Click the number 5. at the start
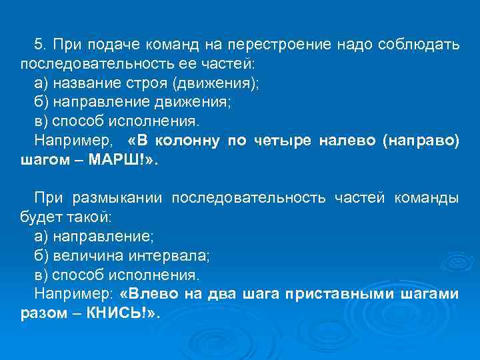pyautogui.click(x=41, y=45)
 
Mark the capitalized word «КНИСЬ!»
pyautogui.click(x=122, y=313)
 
